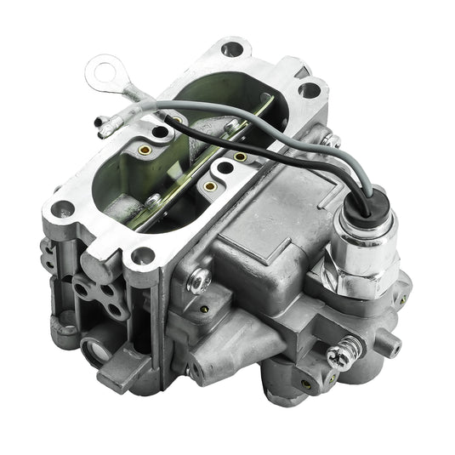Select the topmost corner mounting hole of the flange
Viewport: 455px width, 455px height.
[232, 48]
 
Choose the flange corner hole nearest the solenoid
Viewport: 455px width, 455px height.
[310, 88]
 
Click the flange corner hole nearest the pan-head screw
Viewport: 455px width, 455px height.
[141, 254]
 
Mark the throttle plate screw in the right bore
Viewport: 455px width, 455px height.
[241, 156]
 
